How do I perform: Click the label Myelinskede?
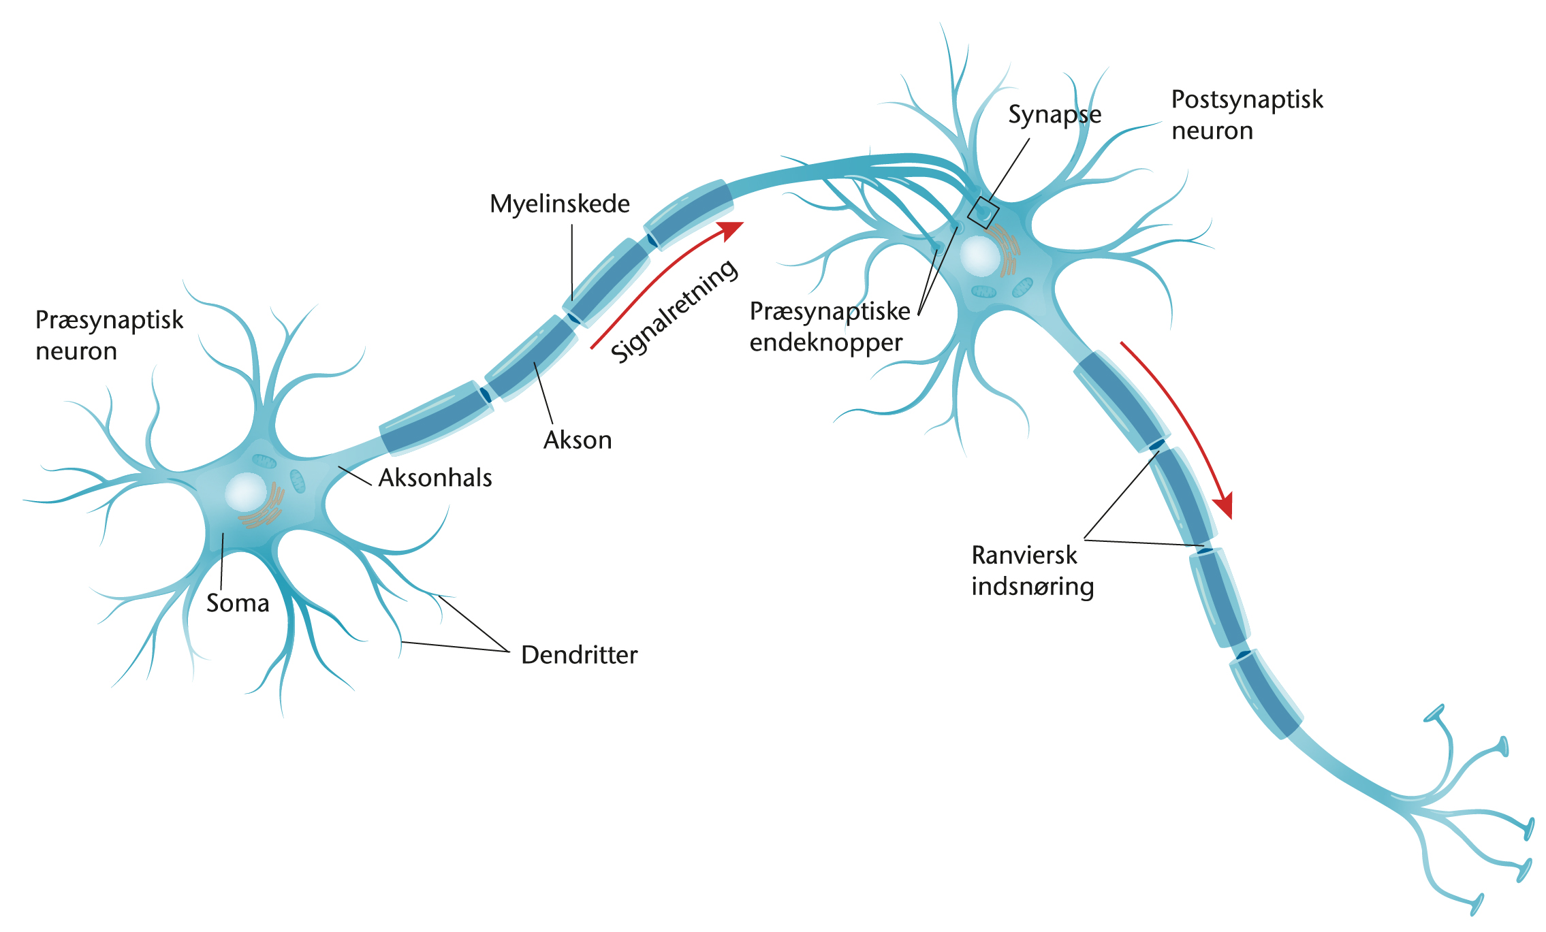pyautogui.click(x=559, y=204)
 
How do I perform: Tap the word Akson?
pyautogui.click(x=578, y=440)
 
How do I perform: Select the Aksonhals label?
pyautogui.click(x=435, y=478)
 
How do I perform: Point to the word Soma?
pyautogui.click(x=238, y=603)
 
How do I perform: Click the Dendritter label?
pyautogui.click(x=579, y=655)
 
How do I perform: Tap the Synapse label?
pyautogui.click(x=1054, y=114)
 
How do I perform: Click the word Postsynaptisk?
pyautogui.click(x=1246, y=99)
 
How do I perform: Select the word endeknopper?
pyautogui.click(x=825, y=342)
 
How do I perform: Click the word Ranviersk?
pyautogui.click(x=1024, y=556)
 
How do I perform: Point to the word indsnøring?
pyautogui.click(x=1032, y=586)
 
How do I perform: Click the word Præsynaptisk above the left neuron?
pyautogui.click(x=109, y=320)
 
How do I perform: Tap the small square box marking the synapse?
pyautogui.click(x=983, y=212)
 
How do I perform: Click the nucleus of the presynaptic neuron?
pyautogui.click(x=245, y=492)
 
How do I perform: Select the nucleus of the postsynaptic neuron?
pyautogui.click(x=979, y=255)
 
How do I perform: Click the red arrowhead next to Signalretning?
pyautogui.click(x=731, y=229)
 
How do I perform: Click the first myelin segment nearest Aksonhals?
pyautogui.click(x=435, y=418)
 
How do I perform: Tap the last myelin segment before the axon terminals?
pyautogui.click(x=1265, y=693)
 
